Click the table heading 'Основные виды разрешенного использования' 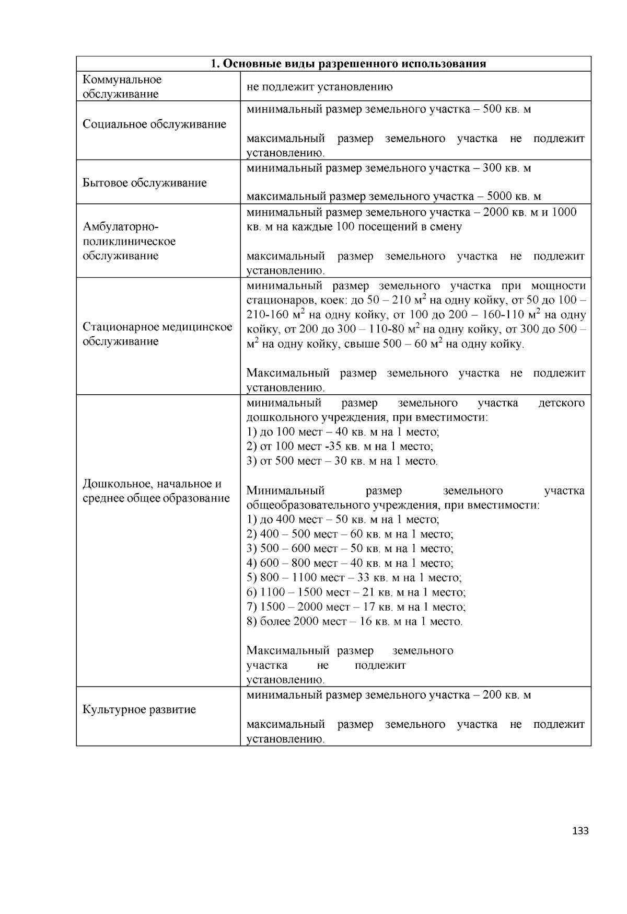coord(348,64)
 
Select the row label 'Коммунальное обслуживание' coord(122,87)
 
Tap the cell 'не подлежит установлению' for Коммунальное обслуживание coord(319,87)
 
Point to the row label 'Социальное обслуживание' coord(155,124)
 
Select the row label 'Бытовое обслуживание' coord(145,183)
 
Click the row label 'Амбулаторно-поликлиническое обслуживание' coord(130,242)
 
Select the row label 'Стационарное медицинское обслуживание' coord(157,334)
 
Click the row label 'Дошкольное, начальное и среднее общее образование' coord(156,491)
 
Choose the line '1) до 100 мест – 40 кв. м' coord(343,432)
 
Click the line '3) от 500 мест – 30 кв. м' coord(342,461)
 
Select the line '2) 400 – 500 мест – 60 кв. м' coord(350,534)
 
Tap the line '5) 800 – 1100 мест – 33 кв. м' coord(354,578)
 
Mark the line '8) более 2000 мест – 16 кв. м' coord(354,622)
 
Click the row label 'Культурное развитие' coord(140,710)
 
